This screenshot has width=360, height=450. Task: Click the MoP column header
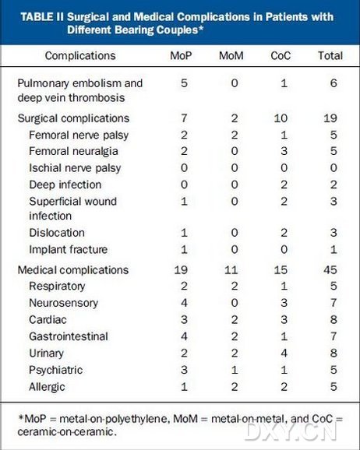pyautogui.click(x=181, y=56)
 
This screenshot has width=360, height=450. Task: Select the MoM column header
pyautogui.click(x=231, y=56)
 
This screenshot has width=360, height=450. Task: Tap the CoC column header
pyautogui.click(x=281, y=56)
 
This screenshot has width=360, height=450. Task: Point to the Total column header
pyautogui.click(x=330, y=56)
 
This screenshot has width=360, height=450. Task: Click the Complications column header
pyautogui.click(x=80, y=56)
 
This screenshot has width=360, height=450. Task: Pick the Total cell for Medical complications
pyautogui.click(x=330, y=270)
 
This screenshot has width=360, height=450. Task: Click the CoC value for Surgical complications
pyautogui.click(x=281, y=118)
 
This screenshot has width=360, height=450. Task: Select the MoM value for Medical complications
pyautogui.click(x=231, y=270)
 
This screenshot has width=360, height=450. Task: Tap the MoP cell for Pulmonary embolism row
pyautogui.click(x=184, y=83)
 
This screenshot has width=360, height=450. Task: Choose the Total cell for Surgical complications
pyautogui.click(x=330, y=118)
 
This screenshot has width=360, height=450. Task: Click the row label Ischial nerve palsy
pyautogui.click(x=75, y=168)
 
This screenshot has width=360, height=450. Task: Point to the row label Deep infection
pyautogui.click(x=65, y=185)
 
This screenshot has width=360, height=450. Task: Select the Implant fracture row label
pyautogui.click(x=69, y=250)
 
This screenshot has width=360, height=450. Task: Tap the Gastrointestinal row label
pyautogui.click(x=69, y=336)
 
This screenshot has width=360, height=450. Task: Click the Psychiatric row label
pyautogui.click(x=56, y=371)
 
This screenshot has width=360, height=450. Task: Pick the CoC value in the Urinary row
pyautogui.click(x=284, y=353)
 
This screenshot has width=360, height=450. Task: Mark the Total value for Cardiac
pyautogui.click(x=334, y=319)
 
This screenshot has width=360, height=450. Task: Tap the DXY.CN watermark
pyautogui.click(x=291, y=431)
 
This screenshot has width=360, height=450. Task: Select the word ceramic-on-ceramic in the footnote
pyautogui.click(x=67, y=432)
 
